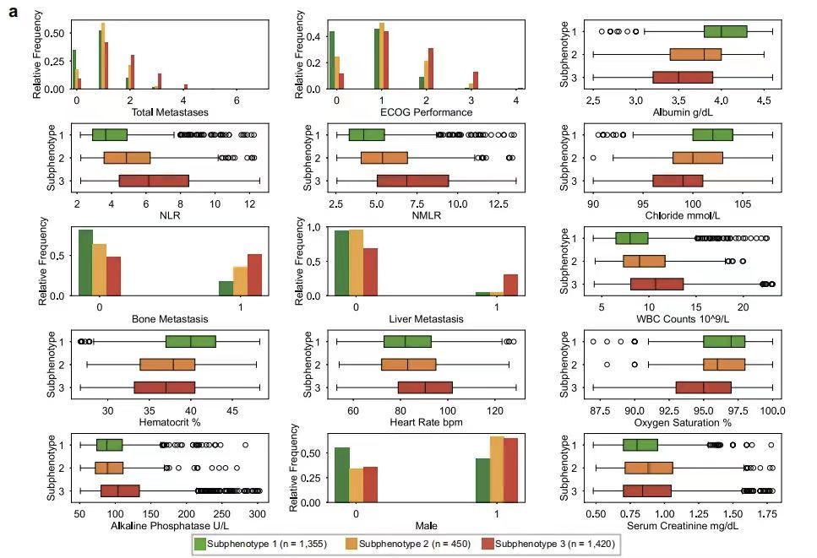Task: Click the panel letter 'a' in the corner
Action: (14, 14)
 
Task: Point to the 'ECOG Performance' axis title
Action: (427, 112)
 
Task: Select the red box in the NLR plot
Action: (154, 180)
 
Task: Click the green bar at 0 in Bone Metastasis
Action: (85, 263)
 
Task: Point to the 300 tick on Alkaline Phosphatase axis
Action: (256, 513)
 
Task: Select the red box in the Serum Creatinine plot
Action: (647, 490)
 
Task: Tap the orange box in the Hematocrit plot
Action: (167, 365)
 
